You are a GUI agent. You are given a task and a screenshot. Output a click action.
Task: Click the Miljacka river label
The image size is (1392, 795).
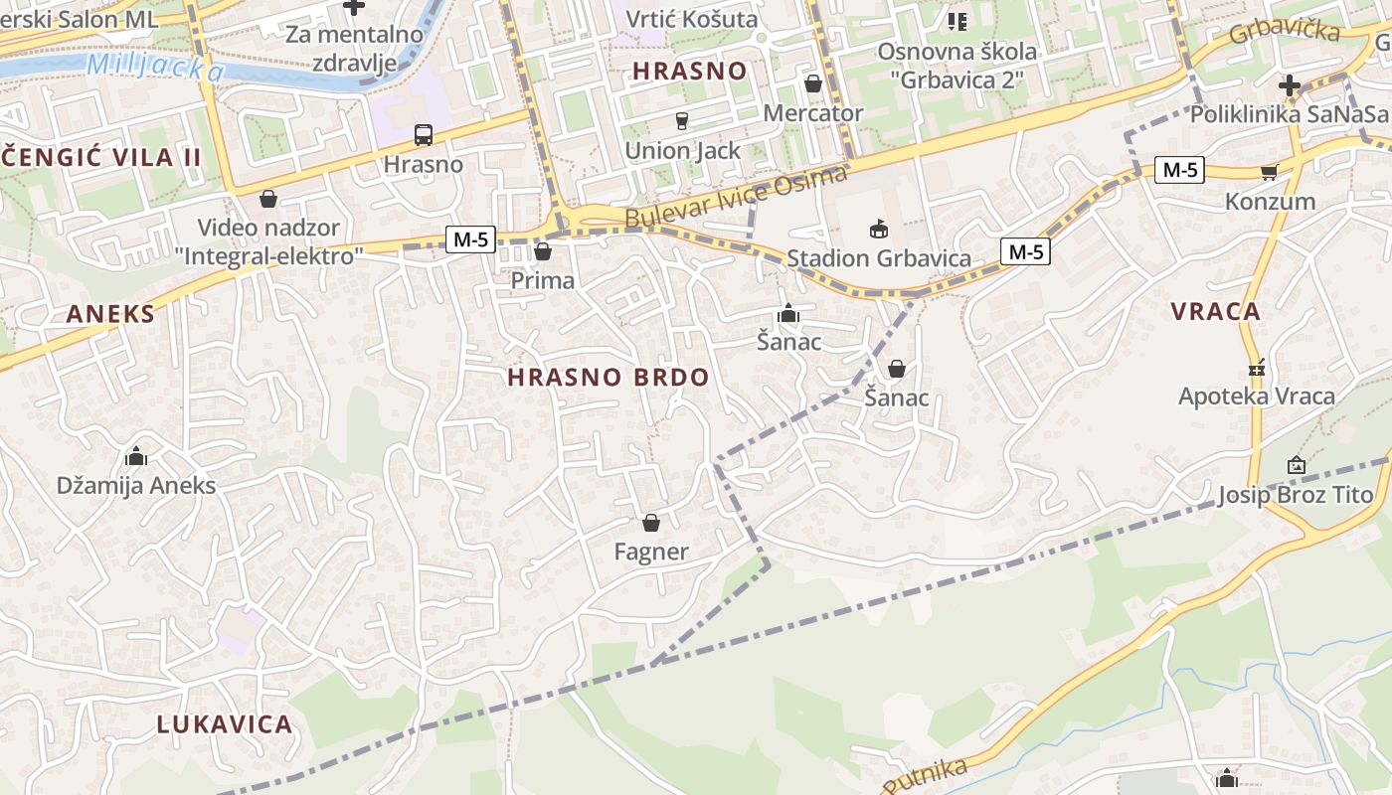click(x=154, y=69)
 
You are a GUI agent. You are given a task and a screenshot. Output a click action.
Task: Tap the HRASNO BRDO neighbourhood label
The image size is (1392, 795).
click(x=609, y=378)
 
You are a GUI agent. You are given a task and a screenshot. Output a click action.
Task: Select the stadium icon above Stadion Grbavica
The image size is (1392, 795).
click(x=878, y=230)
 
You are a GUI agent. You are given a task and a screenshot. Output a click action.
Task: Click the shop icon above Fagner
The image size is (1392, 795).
click(x=651, y=523)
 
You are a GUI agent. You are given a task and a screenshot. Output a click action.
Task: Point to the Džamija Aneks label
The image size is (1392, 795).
click(x=136, y=486)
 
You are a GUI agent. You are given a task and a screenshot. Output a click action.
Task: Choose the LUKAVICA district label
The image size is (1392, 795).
click(x=225, y=724)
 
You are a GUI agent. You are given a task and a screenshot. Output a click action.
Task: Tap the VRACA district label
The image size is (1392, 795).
click(x=1215, y=312)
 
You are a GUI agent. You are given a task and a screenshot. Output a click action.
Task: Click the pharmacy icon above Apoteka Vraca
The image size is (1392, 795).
click(x=1257, y=368)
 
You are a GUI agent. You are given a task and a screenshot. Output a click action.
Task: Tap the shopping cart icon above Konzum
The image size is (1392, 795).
click(x=1269, y=173)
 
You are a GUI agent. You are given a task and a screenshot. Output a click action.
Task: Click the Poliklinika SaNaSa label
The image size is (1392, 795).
click(x=1290, y=114)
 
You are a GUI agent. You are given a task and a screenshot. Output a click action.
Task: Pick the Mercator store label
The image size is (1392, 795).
click(x=813, y=113)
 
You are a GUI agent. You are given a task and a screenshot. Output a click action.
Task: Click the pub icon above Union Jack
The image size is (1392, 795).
click(x=682, y=121)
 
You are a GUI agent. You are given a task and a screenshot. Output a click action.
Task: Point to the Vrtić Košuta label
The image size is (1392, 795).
click(x=692, y=19)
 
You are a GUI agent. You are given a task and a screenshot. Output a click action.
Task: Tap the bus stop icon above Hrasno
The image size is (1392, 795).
click(x=424, y=135)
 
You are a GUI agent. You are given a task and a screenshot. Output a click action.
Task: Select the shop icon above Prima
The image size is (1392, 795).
click(x=543, y=251)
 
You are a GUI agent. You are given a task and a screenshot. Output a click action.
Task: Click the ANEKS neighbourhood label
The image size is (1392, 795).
click(x=111, y=315)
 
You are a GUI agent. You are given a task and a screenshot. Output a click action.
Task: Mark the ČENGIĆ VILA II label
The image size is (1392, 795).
click(x=101, y=157)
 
